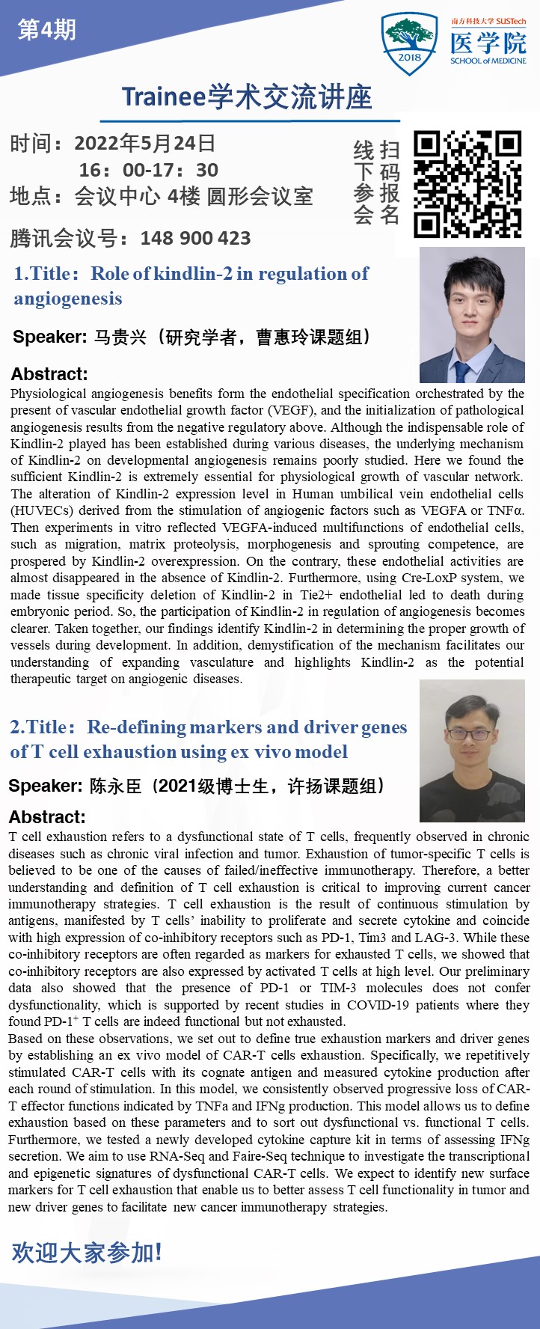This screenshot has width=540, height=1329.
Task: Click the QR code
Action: pos(467,184)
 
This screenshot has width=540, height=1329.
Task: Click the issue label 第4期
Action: pos(46,30)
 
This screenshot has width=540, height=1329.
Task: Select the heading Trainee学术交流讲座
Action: pos(247,97)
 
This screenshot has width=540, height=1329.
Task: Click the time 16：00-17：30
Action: pos(149,170)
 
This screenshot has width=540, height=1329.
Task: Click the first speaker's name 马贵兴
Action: pos(120,337)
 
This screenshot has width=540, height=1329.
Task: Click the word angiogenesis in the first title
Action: pos(68,299)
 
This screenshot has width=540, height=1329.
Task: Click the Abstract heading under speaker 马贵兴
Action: pos(49,374)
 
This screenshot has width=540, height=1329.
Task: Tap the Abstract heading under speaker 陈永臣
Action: pos(47,817)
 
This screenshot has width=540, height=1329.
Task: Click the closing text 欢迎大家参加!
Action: pos(87,1252)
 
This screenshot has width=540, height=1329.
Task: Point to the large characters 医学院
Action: pos(488,43)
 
